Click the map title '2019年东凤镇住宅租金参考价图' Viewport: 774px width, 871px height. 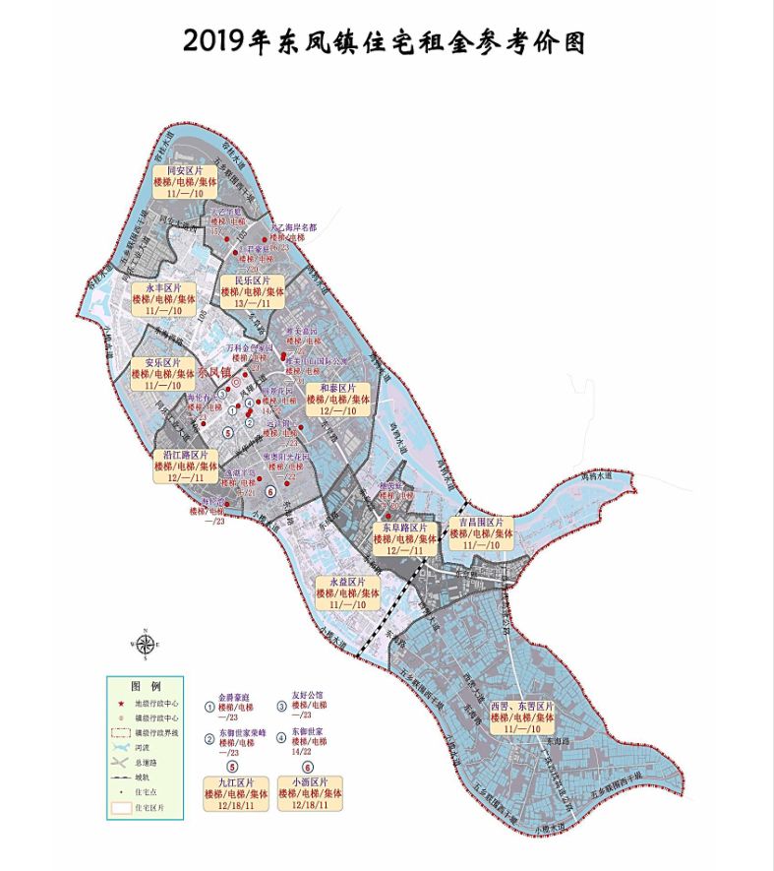(x=387, y=40)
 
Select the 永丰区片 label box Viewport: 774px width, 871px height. (x=164, y=299)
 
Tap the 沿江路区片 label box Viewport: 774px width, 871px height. (x=185, y=466)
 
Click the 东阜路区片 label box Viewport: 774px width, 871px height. (x=404, y=539)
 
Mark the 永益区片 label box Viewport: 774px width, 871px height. (x=347, y=593)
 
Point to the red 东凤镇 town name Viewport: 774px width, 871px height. (x=213, y=373)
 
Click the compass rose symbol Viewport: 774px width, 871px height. (x=145, y=645)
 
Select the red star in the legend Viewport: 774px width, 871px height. (x=120, y=705)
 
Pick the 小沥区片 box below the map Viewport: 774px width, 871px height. (x=311, y=792)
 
